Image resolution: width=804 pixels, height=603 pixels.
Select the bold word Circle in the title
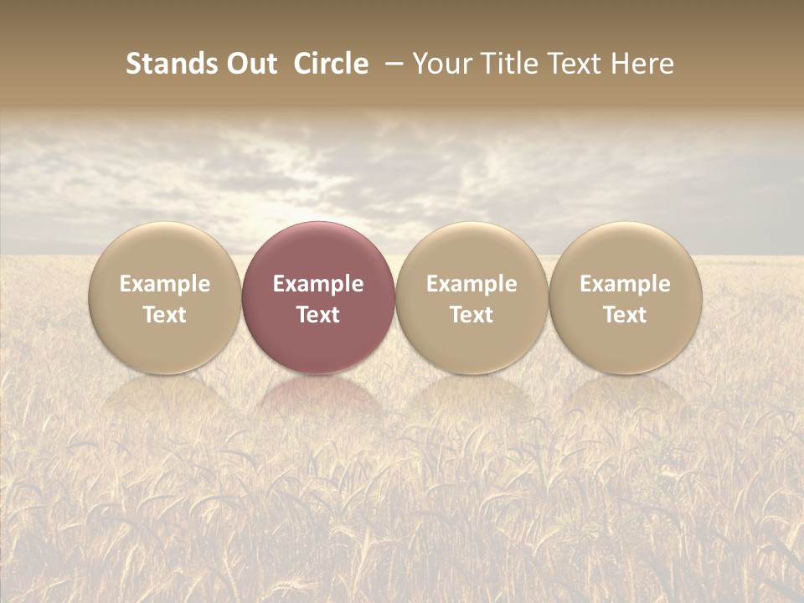pos(331,64)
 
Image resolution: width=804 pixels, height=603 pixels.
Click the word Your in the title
pos(442,64)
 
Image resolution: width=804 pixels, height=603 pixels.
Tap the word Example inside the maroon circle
pos(318,284)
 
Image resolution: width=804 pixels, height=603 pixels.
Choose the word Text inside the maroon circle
pos(318,315)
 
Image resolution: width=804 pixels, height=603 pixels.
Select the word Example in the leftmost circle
pos(165,284)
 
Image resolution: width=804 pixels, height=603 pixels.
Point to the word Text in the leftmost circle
pos(165,315)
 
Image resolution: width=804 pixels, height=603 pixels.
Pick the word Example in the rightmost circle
pos(626,284)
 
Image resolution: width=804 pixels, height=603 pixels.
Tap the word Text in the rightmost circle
pos(626,315)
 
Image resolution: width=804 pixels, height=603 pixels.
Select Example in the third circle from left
pos(472,284)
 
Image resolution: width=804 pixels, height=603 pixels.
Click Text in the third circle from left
pos(472,315)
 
